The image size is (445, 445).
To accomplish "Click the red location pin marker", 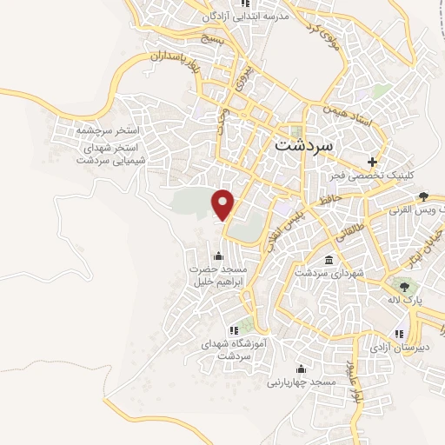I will [x=224, y=203].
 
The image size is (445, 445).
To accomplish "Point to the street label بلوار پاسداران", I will [x=182, y=68].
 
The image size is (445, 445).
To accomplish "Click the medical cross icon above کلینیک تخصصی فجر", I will [x=373, y=162].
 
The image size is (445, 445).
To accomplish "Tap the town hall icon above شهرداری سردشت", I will [x=329, y=261].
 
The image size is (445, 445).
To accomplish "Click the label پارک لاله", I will [x=404, y=299].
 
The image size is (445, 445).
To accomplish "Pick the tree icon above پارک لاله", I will [x=403, y=285].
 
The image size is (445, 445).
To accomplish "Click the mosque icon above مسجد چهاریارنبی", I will [x=301, y=369].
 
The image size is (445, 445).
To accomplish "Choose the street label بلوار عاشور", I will [x=351, y=381].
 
